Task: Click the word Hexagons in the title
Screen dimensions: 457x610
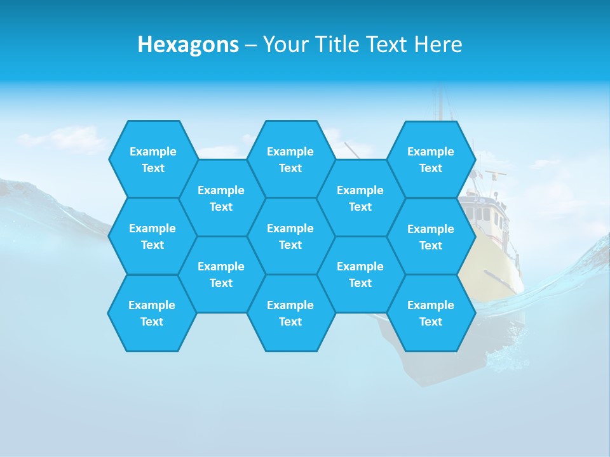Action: (x=188, y=44)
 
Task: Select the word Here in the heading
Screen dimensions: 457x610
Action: (x=438, y=44)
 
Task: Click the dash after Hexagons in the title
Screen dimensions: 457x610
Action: (x=250, y=45)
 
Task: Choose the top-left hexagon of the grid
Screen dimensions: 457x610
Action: (x=152, y=159)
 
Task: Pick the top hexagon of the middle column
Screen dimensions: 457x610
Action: (x=290, y=159)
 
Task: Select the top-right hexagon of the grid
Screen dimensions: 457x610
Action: (x=431, y=159)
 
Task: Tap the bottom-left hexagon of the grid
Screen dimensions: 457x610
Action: (x=152, y=313)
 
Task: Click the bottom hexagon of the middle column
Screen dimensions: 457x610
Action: (x=290, y=313)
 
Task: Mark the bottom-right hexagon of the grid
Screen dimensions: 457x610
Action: (x=431, y=313)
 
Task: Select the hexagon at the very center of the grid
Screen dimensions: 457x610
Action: (x=290, y=236)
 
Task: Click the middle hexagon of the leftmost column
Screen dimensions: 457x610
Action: (x=152, y=236)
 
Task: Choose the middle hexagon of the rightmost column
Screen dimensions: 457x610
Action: (x=431, y=237)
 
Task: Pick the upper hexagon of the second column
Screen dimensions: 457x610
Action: (x=221, y=198)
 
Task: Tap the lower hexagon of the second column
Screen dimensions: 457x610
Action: (x=221, y=274)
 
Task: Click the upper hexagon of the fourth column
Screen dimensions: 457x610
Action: (x=360, y=198)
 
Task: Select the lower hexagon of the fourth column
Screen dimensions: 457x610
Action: (x=360, y=274)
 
